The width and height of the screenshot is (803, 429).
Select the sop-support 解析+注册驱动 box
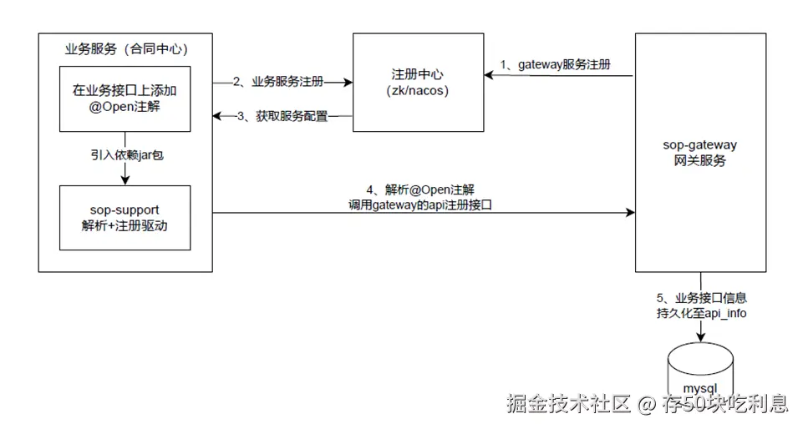tap(125, 217)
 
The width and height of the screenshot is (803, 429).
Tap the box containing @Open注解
tap(125, 98)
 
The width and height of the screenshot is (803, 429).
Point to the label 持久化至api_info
tap(701, 313)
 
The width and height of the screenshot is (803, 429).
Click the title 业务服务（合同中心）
tap(125, 48)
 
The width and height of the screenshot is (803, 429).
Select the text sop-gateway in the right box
tap(700, 144)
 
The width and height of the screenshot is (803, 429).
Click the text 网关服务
tap(700, 160)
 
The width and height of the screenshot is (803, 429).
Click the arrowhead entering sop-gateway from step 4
tap(629, 214)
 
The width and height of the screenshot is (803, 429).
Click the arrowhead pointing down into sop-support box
tap(125, 179)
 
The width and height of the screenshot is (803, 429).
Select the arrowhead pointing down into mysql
tap(700, 339)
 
